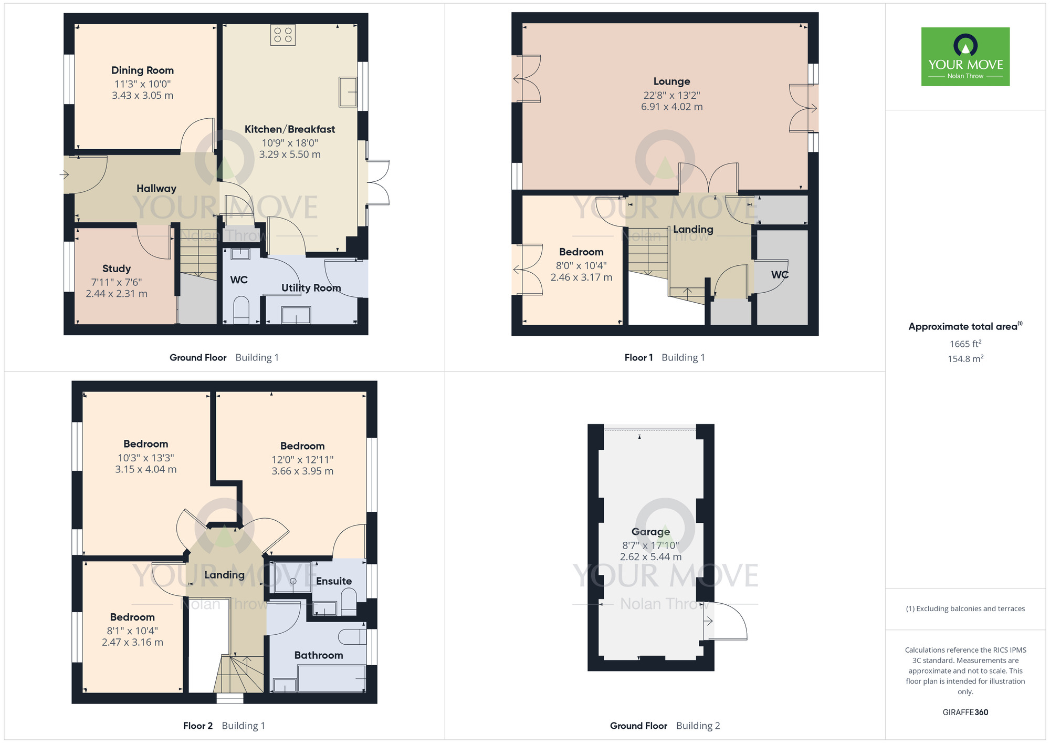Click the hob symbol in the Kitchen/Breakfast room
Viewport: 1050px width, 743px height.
coord(283,35)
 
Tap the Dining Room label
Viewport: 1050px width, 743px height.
coord(142,70)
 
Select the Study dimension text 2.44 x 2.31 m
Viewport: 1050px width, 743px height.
coord(117,294)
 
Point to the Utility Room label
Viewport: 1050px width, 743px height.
coord(311,288)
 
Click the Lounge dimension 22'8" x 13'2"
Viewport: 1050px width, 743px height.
coord(671,95)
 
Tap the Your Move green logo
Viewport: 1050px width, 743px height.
coord(965,57)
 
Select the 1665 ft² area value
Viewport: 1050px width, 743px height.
coord(965,344)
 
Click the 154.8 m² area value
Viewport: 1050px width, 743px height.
coord(965,359)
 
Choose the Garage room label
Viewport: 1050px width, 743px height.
coord(650,532)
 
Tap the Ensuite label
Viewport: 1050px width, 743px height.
coord(333,581)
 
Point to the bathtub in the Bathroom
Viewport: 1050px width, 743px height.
coord(331,678)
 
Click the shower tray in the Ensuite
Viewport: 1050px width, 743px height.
coord(292,577)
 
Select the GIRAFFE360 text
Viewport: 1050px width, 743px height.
coord(965,713)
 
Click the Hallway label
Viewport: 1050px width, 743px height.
coord(156,189)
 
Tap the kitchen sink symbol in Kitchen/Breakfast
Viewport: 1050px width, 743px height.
coord(348,92)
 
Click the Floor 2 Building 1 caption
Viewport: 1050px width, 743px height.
coord(224,726)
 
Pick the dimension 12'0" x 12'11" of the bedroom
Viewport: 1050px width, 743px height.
coord(302,460)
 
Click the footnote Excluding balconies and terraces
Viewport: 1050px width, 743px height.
coord(965,608)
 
